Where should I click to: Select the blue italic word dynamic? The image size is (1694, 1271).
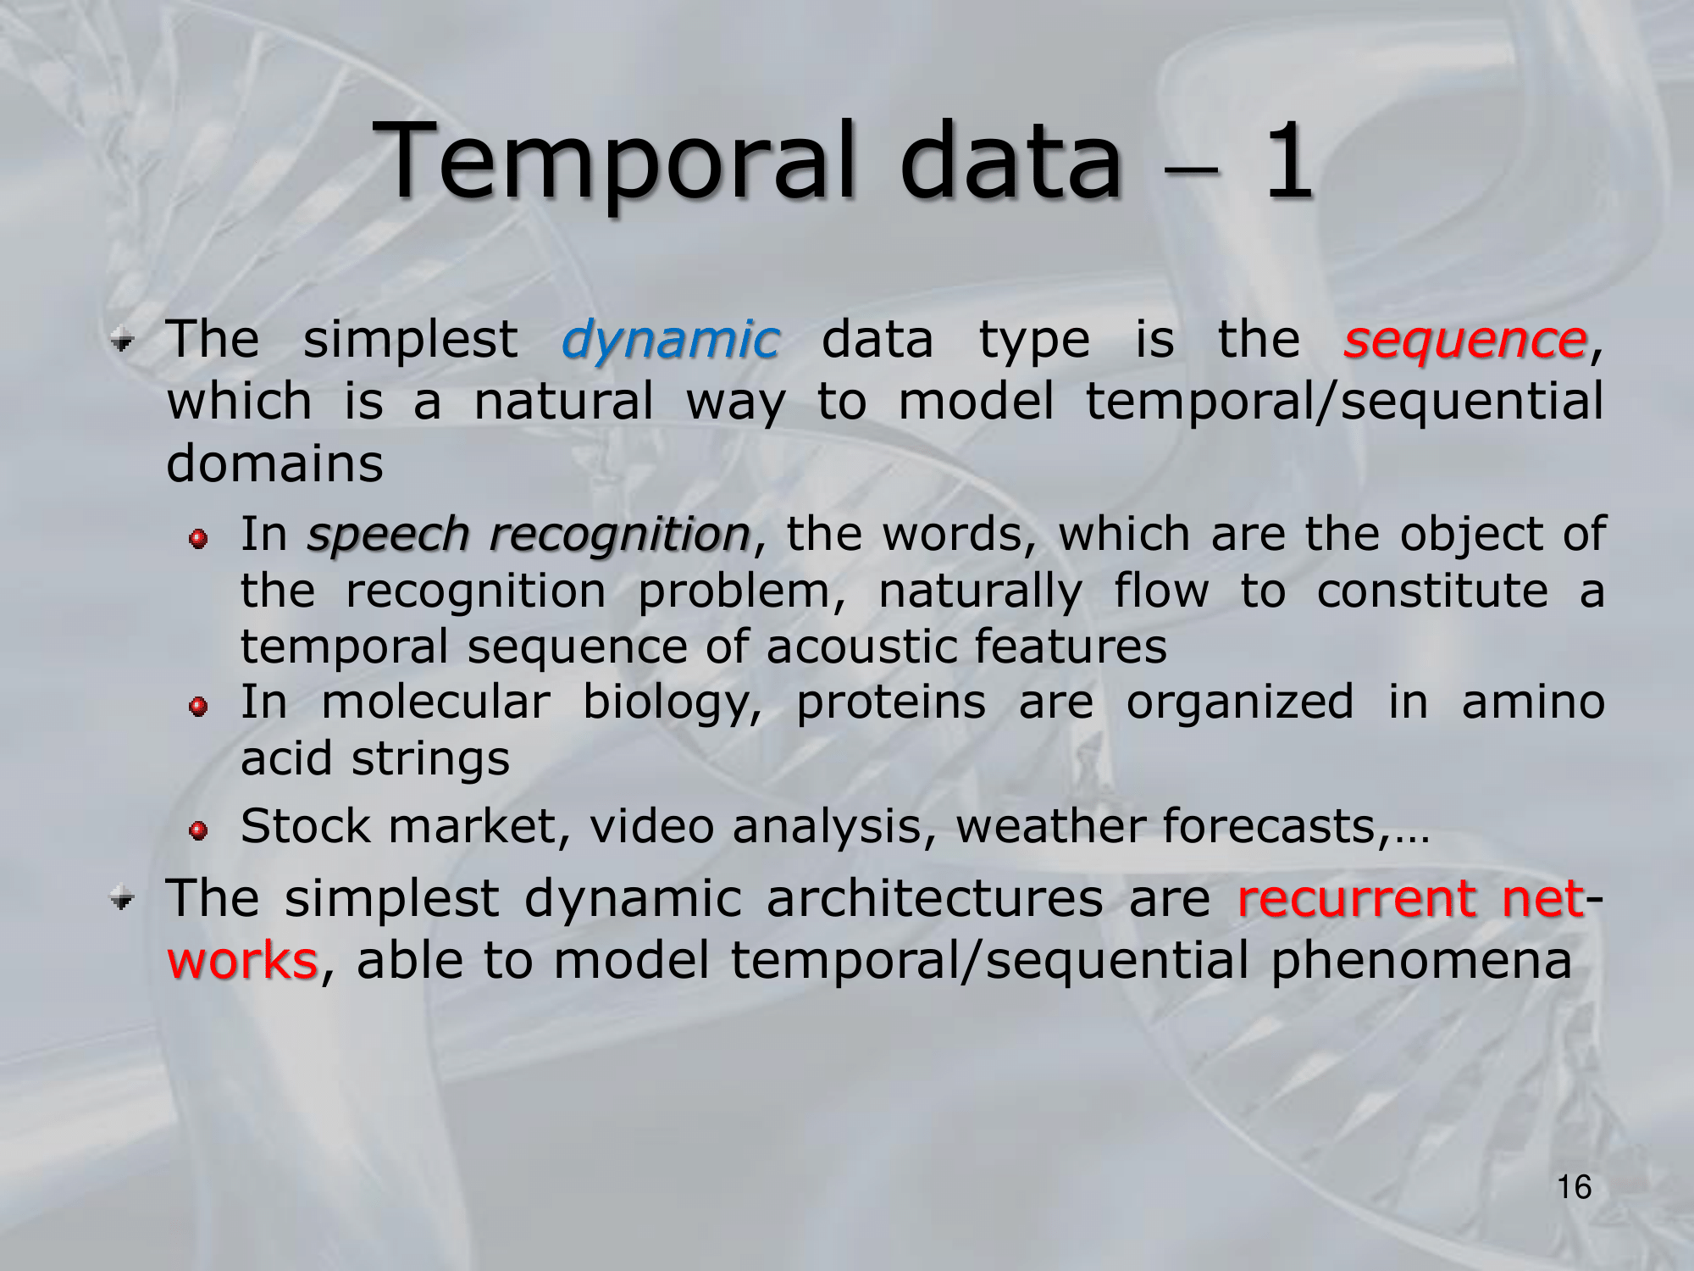[x=669, y=341]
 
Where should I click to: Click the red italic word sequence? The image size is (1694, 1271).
[x=1464, y=341]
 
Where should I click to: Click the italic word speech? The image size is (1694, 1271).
[x=388, y=536]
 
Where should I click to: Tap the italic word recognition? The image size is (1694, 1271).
[x=619, y=536]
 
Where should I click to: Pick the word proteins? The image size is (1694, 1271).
[x=891, y=703]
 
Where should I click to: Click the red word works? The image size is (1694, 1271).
[x=242, y=961]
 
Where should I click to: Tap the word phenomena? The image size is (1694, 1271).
[x=1421, y=963]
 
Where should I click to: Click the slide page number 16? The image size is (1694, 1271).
[x=1575, y=1187]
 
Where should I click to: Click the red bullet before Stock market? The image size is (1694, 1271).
[x=198, y=830]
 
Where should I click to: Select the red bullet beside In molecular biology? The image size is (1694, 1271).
[x=198, y=707]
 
